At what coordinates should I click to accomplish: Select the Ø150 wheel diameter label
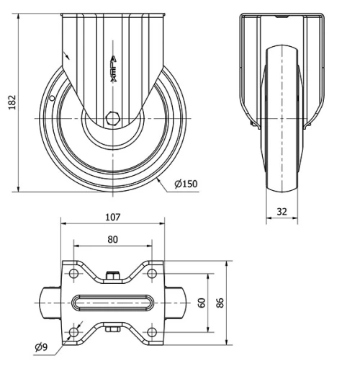(185, 184)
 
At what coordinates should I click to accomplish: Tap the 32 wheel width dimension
(281, 213)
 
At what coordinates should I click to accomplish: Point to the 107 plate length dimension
(112, 216)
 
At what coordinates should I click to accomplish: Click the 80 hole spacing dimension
(113, 239)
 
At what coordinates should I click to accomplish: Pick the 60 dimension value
(203, 303)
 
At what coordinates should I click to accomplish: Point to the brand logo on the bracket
(112, 71)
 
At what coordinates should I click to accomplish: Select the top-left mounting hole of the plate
(73, 274)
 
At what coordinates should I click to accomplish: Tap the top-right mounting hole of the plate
(151, 274)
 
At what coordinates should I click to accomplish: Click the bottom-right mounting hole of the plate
(151, 331)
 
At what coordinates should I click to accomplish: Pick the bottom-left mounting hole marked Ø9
(73, 331)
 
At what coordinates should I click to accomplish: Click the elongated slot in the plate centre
(112, 303)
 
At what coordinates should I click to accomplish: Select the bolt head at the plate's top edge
(112, 274)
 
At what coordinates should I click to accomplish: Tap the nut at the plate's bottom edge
(112, 331)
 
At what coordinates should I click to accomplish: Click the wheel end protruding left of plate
(49, 303)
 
